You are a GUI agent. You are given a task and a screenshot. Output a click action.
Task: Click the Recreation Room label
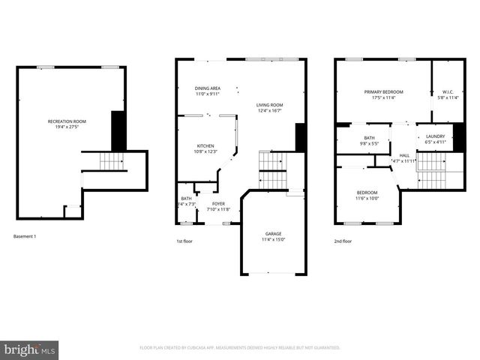(67, 121)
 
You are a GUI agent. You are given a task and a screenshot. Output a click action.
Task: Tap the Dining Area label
(208, 88)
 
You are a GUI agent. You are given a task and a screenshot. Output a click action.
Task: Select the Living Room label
(269, 106)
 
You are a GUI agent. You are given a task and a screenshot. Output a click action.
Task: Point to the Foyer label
(217, 203)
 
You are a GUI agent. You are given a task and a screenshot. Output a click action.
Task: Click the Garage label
(273, 233)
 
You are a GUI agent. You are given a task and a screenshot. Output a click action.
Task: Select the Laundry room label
(435, 136)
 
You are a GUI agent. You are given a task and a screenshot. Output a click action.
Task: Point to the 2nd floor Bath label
(369, 138)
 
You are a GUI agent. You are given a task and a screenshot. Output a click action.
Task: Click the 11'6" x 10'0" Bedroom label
(367, 193)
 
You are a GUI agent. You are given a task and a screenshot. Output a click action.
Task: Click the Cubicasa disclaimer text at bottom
(239, 348)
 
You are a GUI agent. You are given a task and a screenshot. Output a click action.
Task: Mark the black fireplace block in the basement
(117, 130)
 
